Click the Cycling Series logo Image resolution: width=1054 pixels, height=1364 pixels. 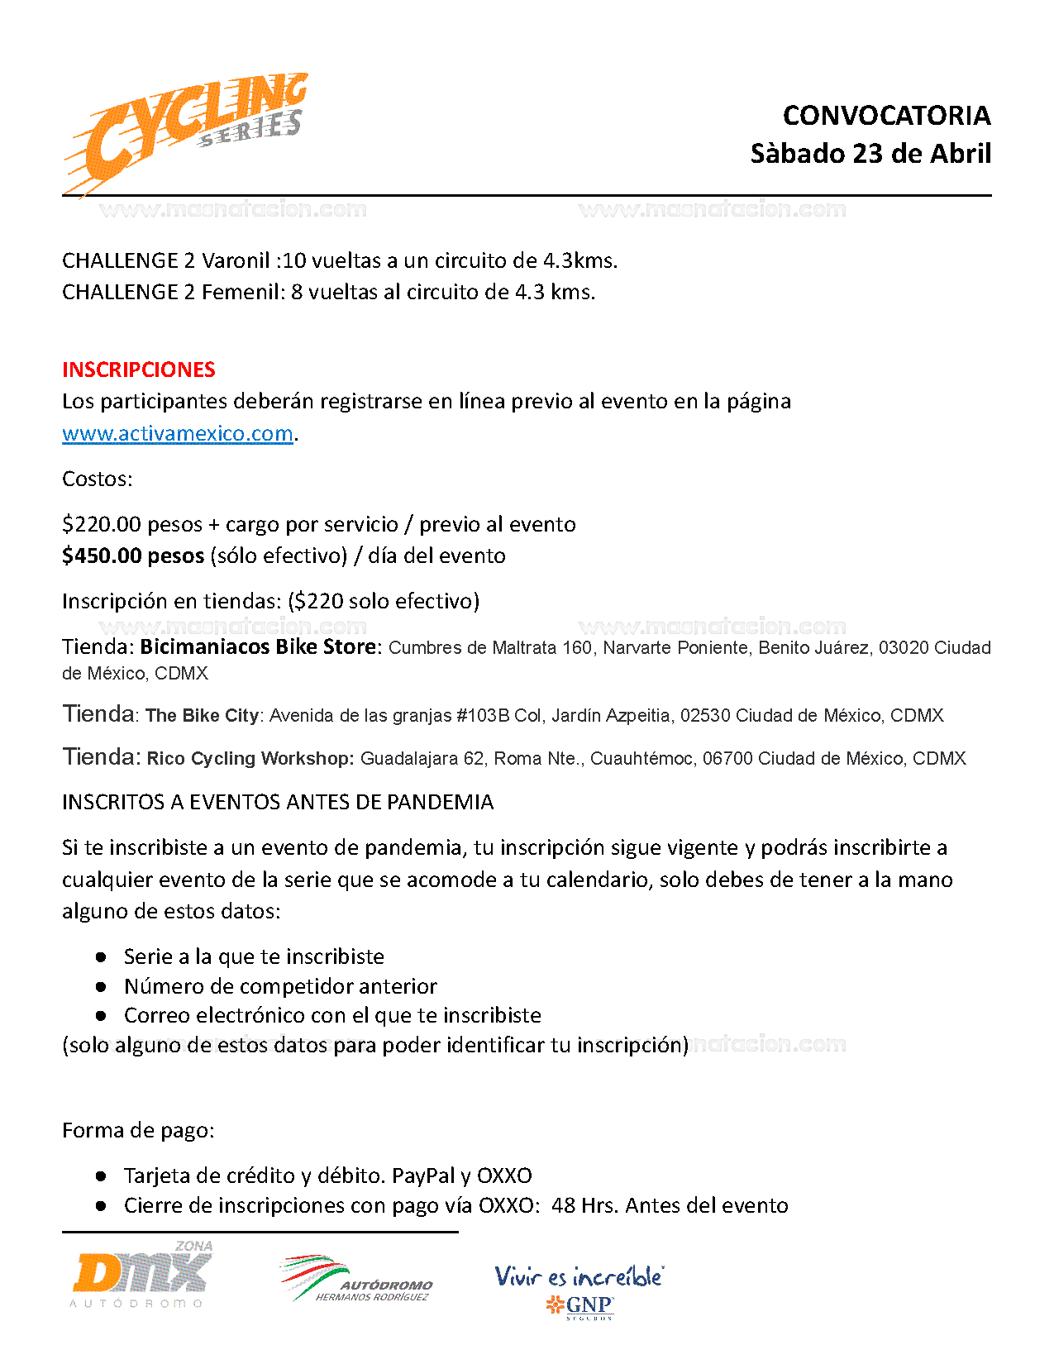pyautogui.click(x=187, y=132)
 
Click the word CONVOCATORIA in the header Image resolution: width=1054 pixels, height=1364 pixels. pyautogui.click(x=886, y=116)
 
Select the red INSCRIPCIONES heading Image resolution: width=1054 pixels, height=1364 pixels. pyautogui.click(x=139, y=370)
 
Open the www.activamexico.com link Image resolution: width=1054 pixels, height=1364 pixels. pyautogui.click(x=178, y=433)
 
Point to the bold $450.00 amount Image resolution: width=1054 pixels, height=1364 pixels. pyautogui.click(x=102, y=556)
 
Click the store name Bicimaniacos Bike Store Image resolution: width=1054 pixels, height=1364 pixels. pyautogui.click(x=258, y=646)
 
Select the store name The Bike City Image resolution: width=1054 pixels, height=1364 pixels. pyautogui.click(x=202, y=716)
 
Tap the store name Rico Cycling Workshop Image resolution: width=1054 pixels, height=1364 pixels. pyautogui.click(x=250, y=759)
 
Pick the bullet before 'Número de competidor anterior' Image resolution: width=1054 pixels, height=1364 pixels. pyautogui.click(x=101, y=986)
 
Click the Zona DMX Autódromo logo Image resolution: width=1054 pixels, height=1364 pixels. pyautogui.click(x=141, y=1274)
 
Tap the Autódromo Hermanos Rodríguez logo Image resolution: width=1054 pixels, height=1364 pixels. pyautogui.click(x=356, y=1279)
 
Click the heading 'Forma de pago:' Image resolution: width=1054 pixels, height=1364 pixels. pyautogui.click(x=138, y=1130)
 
